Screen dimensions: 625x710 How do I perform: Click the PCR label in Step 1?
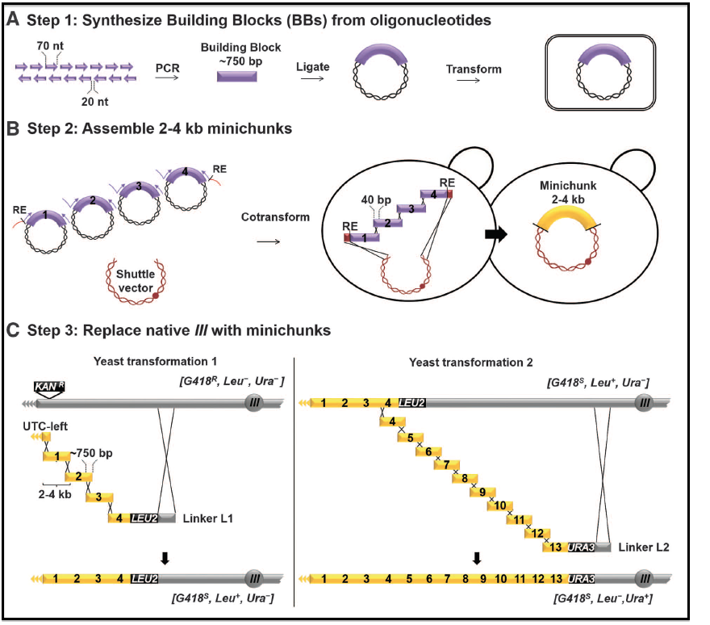point(167,70)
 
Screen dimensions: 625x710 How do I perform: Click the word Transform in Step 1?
point(474,69)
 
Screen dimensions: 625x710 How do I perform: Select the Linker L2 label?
point(643,547)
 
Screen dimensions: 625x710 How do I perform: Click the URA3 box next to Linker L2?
point(582,547)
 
